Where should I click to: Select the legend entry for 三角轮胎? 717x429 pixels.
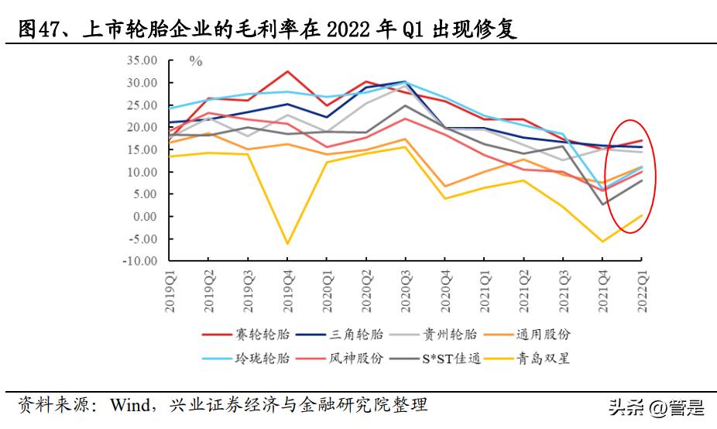356,335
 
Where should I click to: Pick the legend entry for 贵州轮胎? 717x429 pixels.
450,335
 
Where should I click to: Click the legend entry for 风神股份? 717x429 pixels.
356,359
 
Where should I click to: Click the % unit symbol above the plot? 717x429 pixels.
196,61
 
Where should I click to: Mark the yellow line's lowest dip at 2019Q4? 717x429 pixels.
288,244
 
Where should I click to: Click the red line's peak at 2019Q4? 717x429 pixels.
288,71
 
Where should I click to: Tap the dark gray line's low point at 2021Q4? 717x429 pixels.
602,204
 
